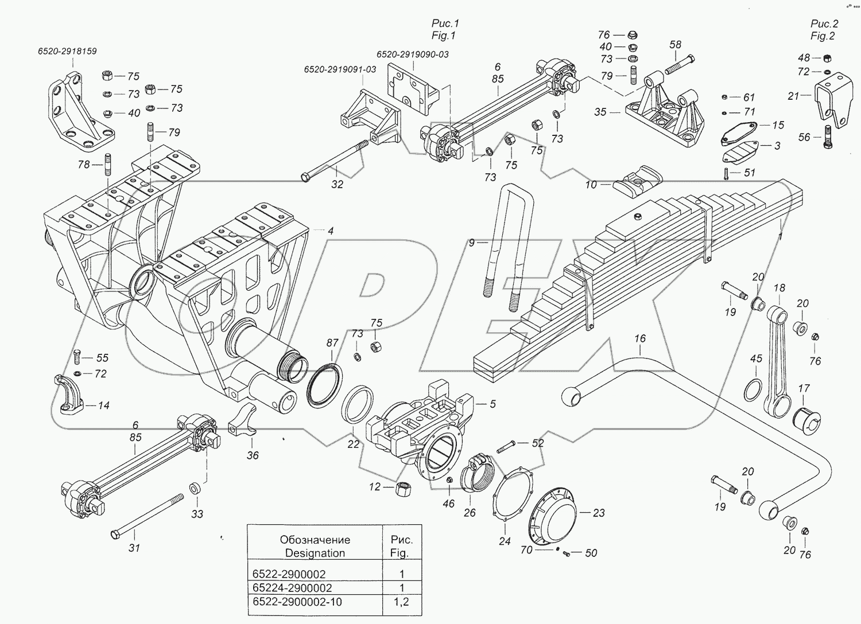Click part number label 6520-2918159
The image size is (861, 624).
tap(67, 51)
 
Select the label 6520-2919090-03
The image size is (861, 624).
tap(412, 54)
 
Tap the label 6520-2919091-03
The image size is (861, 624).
tap(340, 69)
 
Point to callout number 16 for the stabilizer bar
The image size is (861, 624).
tap(640, 339)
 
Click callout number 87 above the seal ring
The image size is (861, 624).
tap(332, 343)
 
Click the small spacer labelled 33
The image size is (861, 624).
tap(195, 489)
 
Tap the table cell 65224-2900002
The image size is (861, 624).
tap(292, 588)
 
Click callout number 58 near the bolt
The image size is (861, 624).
tap(675, 45)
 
